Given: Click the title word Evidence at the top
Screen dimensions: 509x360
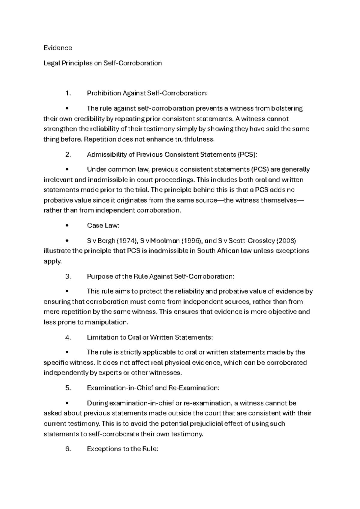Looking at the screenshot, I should [x=58, y=48].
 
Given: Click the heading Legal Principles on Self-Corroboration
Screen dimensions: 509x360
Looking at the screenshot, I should [x=103, y=63].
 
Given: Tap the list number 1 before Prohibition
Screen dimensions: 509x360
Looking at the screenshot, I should [x=67, y=93].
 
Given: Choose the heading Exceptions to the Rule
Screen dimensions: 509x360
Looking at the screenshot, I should [x=122, y=449].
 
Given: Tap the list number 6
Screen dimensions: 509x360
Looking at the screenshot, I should [x=67, y=449].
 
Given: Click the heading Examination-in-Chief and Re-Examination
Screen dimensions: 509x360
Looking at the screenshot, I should [x=153, y=388].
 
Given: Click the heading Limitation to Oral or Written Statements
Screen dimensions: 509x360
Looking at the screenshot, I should [x=150, y=338].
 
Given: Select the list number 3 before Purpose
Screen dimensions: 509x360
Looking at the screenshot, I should [x=67, y=277].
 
